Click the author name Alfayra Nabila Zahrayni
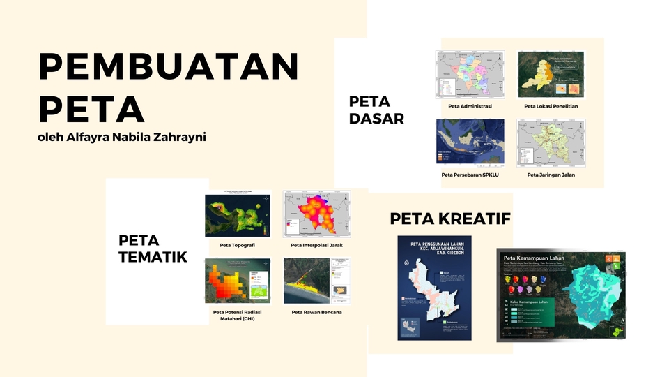pyautogui.click(x=122, y=137)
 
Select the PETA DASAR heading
pyautogui.click(x=376, y=110)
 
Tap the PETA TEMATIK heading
pyautogui.click(x=153, y=249)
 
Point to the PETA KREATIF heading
pyautogui.click(x=450, y=219)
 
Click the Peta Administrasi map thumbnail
pyautogui.click(x=470, y=74)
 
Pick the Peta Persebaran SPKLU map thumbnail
pyautogui.click(x=470, y=142)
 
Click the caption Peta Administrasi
pyautogui.click(x=470, y=107)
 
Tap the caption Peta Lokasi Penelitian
pyautogui.click(x=551, y=107)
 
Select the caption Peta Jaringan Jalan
pyautogui.click(x=551, y=175)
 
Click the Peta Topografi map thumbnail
pyautogui.click(x=238, y=214)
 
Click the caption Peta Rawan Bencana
pyautogui.click(x=316, y=312)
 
